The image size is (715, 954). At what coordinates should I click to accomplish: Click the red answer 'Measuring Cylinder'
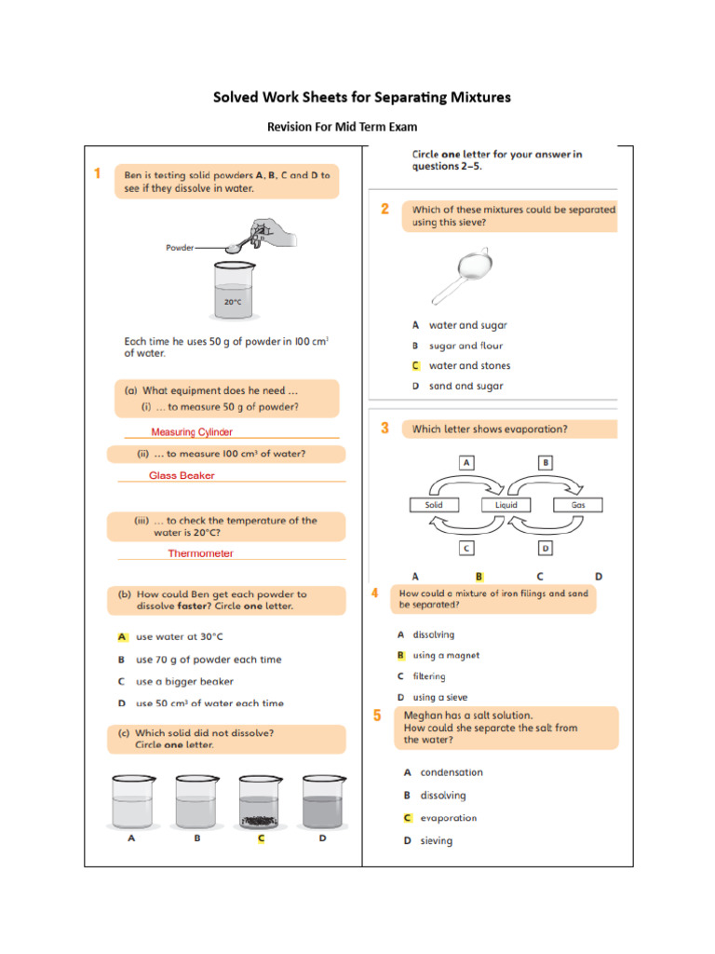(x=192, y=432)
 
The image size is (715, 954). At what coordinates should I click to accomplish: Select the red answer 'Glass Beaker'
(x=182, y=475)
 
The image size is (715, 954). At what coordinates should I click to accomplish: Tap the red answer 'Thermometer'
(x=200, y=553)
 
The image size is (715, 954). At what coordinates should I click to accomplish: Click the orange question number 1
(x=97, y=173)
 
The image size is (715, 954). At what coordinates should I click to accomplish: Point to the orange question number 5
(x=377, y=715)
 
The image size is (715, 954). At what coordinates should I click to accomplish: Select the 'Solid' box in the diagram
(x=435, y=505)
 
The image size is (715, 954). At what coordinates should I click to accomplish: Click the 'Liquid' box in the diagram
(x=506, y=505)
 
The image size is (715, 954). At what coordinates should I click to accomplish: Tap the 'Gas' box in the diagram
(x=577, y=505)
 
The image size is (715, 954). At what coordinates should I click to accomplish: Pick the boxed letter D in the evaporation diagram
(x=546, y=548)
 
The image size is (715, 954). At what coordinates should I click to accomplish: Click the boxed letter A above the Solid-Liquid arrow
(x=466, y=462)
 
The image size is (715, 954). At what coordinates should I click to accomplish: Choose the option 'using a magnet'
(x=446, y=655)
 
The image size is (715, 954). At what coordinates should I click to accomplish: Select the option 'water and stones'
(x=469, y=366)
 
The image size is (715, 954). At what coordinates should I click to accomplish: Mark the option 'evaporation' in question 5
(x=448, y=818)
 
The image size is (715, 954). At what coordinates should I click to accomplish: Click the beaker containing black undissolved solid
(x=261, y=801)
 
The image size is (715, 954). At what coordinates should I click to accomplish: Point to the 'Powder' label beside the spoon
(x=180, y=248)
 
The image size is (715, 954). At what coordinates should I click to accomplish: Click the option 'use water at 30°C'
(x=179, y=637)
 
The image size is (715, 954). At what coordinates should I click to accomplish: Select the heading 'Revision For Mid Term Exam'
(x=343, y=127)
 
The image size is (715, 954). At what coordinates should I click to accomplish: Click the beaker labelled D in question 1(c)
(x=323, y=801)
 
